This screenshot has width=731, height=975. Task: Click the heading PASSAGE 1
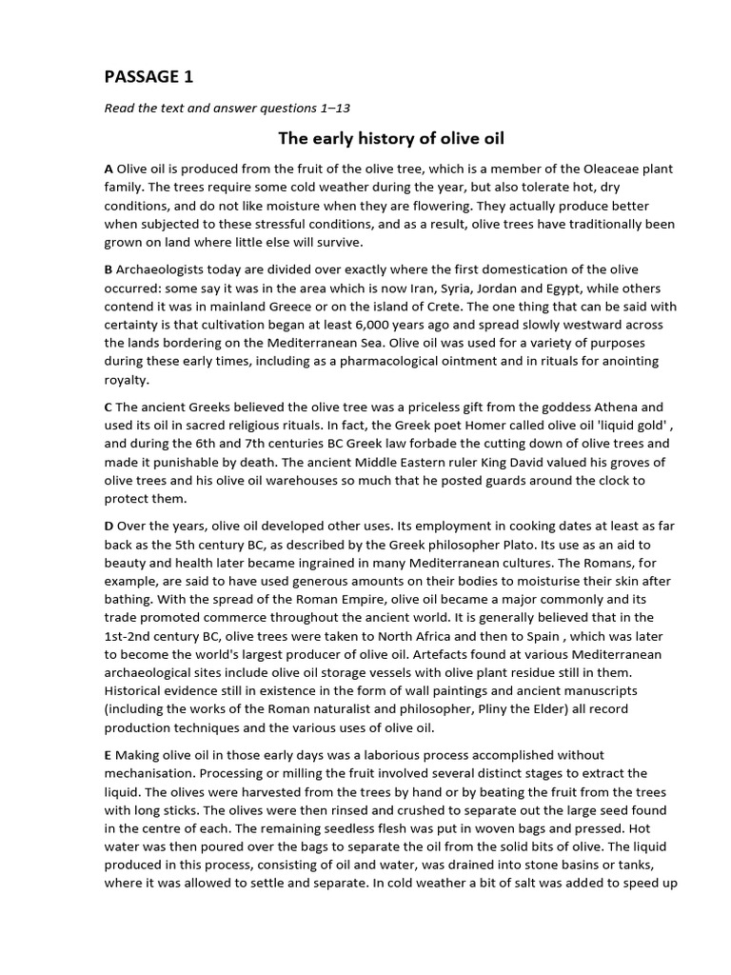[148, 77]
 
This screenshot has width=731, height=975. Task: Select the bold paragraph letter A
[109, 169]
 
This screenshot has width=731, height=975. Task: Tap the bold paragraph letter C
[109, 408]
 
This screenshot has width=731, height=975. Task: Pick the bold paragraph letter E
[109, 756]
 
